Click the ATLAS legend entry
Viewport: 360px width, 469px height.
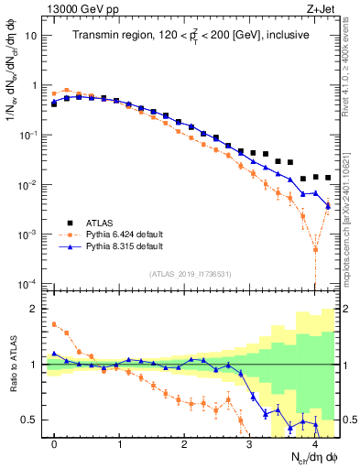pyautogui.click(x=103, y=222)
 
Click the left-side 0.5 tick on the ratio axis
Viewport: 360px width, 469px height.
pyautogui.click(x=33, y=420)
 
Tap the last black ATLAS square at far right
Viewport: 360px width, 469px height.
pyautogui.click(x=328, y=178)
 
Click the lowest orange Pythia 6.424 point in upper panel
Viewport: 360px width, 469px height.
pyautogui.click(x=315, y=248)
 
